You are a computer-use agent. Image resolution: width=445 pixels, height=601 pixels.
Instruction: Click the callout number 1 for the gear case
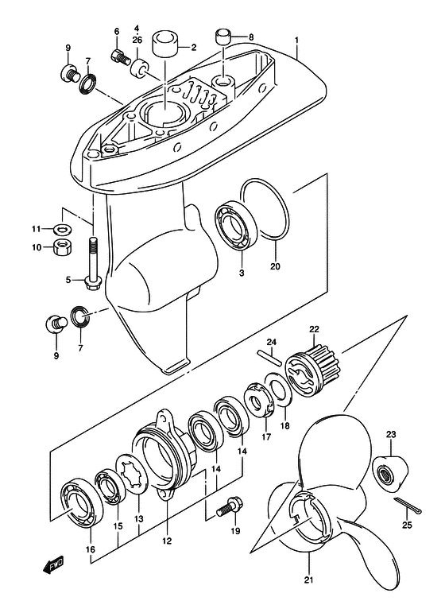(296, 40)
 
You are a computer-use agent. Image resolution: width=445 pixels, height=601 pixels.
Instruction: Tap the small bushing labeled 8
(222, 36)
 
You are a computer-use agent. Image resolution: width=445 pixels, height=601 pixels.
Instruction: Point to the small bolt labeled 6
(121, 56)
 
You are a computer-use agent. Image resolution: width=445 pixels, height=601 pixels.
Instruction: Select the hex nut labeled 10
(61, 247)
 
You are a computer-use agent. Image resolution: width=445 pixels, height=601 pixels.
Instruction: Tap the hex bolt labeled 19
(229, 505)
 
